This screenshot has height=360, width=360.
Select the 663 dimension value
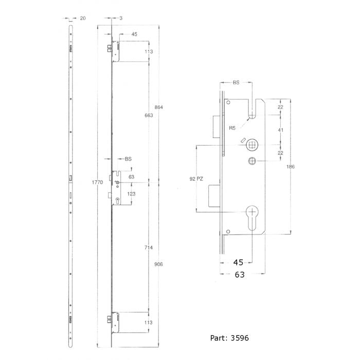tap(149, 116)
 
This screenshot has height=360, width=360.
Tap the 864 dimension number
tap(158, 107)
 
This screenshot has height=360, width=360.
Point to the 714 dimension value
tap(149, 247)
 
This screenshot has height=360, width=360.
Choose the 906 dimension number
tap(158, 264)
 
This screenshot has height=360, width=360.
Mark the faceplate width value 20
tap(82, 18)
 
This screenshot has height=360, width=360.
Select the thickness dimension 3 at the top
tap(120, 18)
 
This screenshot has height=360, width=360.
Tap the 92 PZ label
tap(196, 179)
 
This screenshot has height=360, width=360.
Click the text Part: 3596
tap(230, 339)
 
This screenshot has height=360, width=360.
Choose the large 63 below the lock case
tap(240, 275)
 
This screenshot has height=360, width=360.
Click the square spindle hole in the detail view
tap(253, 143)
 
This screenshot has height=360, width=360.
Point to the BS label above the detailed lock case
tap(236, 82)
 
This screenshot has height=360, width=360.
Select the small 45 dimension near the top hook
tap(134, 34)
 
